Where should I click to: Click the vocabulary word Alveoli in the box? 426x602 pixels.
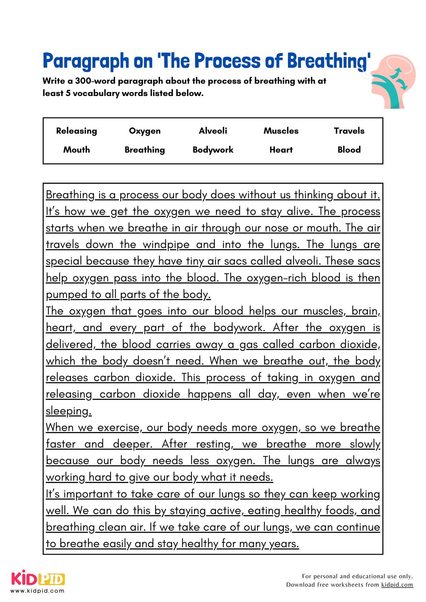[x=213, y=131]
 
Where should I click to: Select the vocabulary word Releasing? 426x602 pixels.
[x=77, y=131]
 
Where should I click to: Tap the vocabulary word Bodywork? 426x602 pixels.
[x=213, y=150]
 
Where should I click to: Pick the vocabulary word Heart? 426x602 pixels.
[x=281, y=150]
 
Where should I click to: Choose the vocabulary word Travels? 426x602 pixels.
[x=349, y=131]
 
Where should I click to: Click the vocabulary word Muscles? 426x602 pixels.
[x=281, y=131]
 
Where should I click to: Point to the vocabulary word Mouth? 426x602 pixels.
[x=77, y=150]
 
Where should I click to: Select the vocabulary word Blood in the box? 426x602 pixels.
[x=349, y=150]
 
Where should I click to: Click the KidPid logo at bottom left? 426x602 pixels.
[x=38, y=578]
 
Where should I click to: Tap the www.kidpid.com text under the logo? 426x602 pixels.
[x=38, y=591]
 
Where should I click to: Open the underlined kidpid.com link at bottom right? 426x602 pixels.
[x=397, y=585]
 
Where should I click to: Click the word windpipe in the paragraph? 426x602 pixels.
[x=166, y=244]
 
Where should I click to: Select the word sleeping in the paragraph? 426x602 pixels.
[x=69, y=411]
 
